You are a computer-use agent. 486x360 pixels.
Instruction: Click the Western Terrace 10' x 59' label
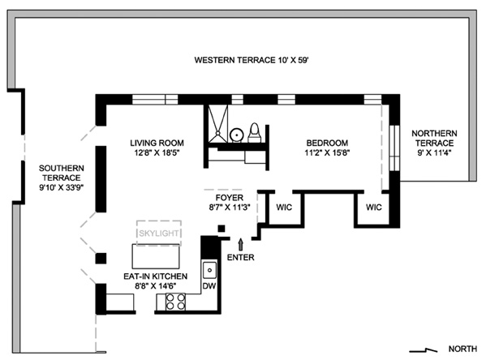252,60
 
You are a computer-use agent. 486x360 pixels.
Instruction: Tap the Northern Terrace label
434,138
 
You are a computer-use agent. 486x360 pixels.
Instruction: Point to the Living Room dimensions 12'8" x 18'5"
157,152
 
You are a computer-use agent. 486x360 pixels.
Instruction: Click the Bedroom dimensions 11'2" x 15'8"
327,152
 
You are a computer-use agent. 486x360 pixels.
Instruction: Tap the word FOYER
230,198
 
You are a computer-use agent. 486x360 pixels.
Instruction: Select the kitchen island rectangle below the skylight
156,256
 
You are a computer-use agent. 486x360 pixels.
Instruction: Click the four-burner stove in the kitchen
175,302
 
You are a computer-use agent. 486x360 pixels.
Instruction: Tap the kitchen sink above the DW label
209,271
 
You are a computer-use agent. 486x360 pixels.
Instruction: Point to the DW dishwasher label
209,286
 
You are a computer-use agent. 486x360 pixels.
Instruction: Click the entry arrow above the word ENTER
240,244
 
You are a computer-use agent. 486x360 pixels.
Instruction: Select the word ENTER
240,258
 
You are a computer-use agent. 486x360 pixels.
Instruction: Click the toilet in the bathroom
255,133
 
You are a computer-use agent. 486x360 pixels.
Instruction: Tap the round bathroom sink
236,135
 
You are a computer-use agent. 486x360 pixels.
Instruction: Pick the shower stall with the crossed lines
218,123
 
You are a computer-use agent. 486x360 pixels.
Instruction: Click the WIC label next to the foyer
284,208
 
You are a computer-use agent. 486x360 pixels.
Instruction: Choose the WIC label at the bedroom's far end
374,208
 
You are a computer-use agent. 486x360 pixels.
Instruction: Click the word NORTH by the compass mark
462,349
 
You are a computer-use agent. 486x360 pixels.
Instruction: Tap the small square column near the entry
221,229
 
